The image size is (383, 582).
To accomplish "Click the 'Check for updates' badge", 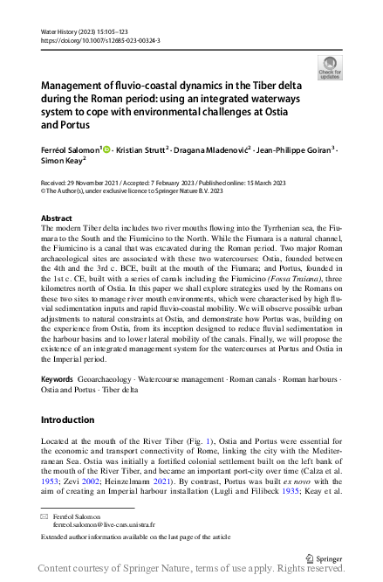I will (x=331, y=67).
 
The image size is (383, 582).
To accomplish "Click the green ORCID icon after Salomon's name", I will (x=106, y=149).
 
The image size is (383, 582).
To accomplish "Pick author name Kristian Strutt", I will (x=141, y=149).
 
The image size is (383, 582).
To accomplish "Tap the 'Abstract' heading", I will (x=57, y=218).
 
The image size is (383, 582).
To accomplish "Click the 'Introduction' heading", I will (x=69, y=420).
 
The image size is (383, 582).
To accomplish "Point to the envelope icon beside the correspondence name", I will (x=45, y=517).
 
